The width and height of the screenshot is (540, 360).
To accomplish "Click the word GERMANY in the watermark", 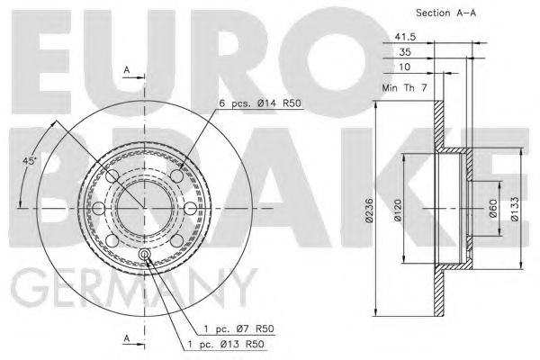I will pyautogui.click(x=135, y=291).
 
